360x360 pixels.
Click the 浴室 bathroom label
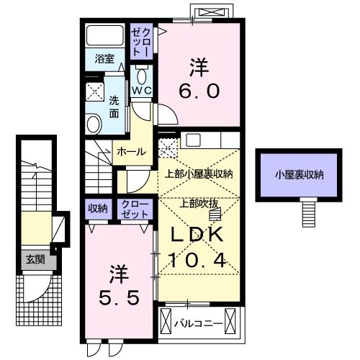[104, 59]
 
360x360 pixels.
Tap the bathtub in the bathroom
[104, 35]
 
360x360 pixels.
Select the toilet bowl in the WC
[142, 75]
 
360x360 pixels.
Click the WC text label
[142, 91]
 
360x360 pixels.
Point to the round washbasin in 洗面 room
[94, 124]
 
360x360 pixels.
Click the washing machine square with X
[95, 91]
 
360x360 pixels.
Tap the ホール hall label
[132, 152]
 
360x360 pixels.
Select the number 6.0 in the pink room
[199, 91]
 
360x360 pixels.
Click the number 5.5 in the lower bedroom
[120, 297]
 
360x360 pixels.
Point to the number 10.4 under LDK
[197, 260]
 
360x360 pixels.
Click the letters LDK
[197, 235]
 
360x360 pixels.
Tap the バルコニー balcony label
[198, 324]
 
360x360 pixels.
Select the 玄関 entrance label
[35, 259]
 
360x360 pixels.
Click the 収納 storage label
[98, 209]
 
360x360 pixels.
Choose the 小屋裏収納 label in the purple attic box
[299, 175]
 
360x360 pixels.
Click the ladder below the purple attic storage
[308, 214]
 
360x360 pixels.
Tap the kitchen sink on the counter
[194, 140]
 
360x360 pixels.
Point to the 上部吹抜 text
[199, 204]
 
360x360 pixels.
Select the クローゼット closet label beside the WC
[142, 42]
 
